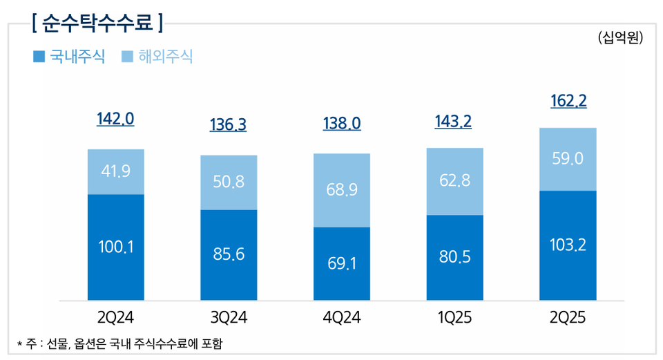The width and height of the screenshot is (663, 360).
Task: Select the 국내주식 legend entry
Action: click(x=69, y=57)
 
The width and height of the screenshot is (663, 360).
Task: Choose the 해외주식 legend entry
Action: click(x=157, y=57)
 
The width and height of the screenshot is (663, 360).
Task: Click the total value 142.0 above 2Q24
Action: click(x=115, y=119)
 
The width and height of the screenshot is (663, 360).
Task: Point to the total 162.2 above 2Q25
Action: click(x=568, y=102)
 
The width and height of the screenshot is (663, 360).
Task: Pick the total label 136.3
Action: click(x=228, y=125)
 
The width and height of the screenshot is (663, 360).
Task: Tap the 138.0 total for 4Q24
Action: click(x=342, y=124)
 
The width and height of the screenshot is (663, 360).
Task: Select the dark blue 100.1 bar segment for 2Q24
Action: click(x=115, y=247)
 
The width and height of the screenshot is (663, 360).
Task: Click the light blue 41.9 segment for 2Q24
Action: click(x=115, y=171)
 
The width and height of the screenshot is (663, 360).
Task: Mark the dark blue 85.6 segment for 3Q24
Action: click(x=229, y=255)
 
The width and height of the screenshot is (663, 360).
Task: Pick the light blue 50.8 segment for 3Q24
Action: click(x=229, y=182)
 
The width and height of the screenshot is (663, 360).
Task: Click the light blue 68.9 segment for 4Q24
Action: click(x=342, y=190)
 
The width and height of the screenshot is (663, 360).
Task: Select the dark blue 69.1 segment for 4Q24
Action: click(x=342, y=263)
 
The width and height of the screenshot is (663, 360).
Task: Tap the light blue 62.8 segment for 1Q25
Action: click(x=455, y=181)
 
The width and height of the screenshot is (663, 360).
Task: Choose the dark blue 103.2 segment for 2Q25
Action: click(x=568, y=245)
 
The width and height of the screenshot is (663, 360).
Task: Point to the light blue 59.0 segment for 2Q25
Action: click(x=568, y=159)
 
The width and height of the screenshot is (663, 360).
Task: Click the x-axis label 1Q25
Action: click(x=455, y=319)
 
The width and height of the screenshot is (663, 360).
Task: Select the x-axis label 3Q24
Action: click(x=229, y=319)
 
